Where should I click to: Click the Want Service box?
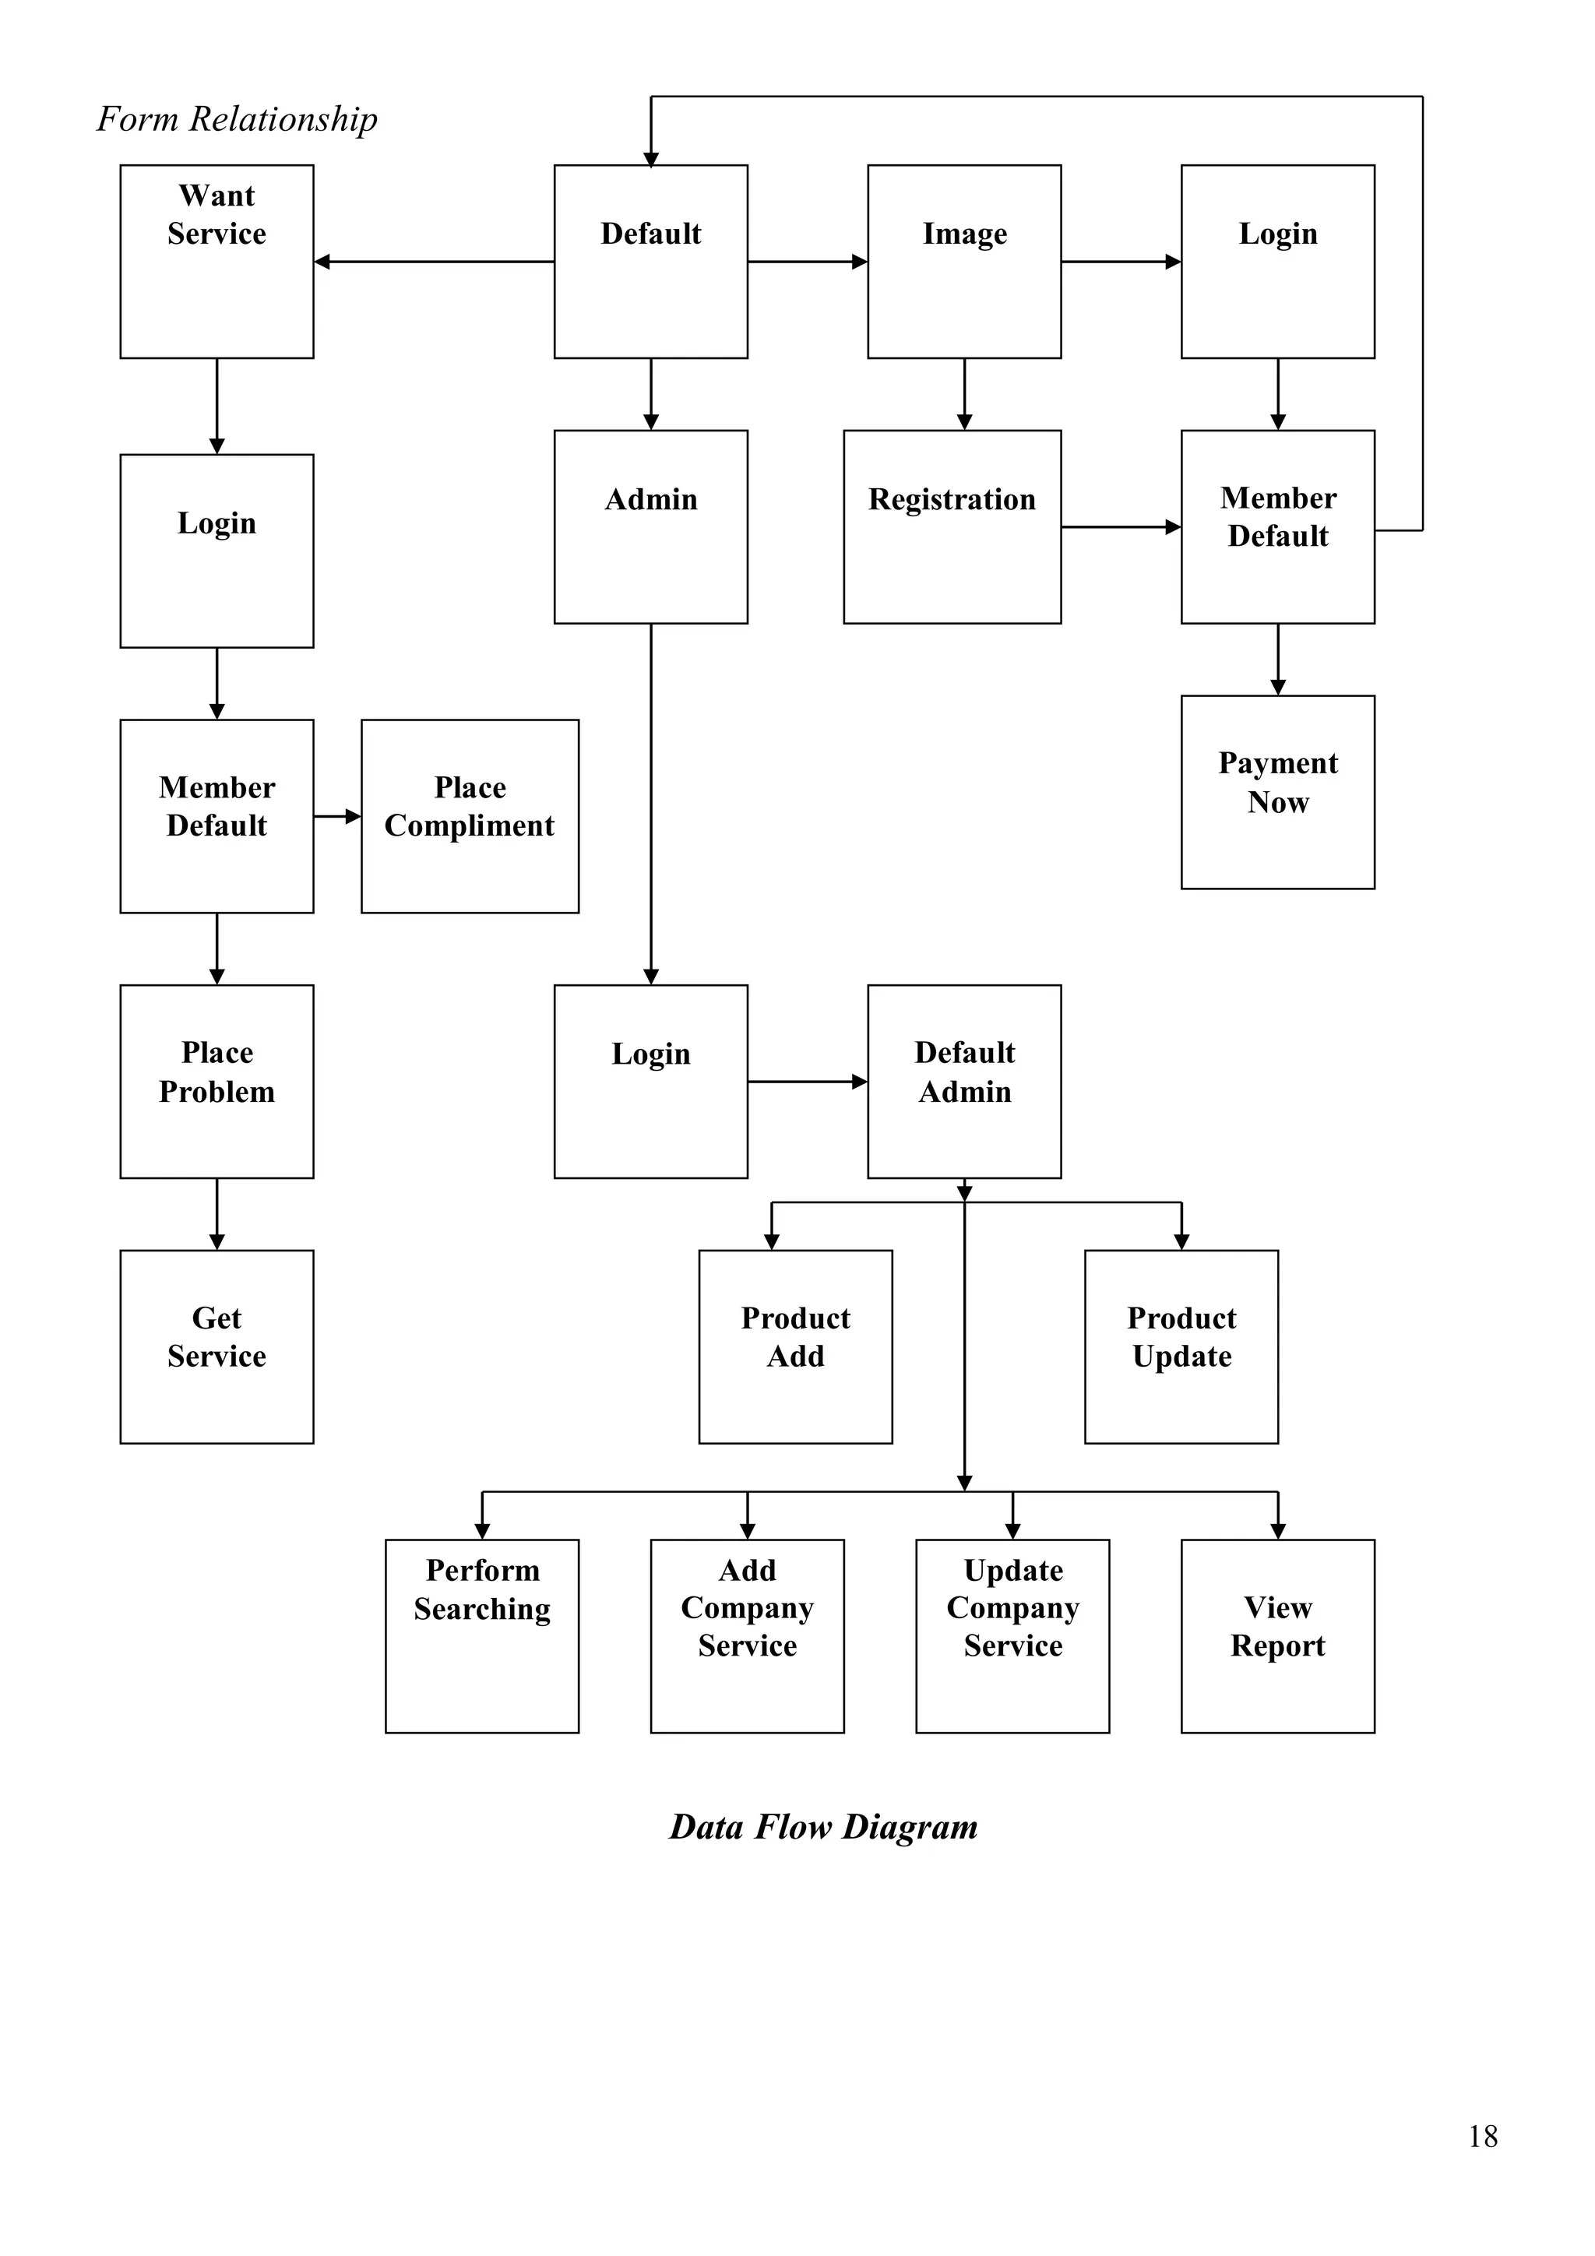217,262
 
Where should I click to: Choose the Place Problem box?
217,1081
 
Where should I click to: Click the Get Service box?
217,1346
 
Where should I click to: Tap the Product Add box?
795,1346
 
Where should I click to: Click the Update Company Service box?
1012,1636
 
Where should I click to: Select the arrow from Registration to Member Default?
1121,526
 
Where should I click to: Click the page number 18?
1482,2136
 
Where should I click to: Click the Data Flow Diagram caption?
822,1828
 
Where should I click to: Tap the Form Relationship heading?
237,119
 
